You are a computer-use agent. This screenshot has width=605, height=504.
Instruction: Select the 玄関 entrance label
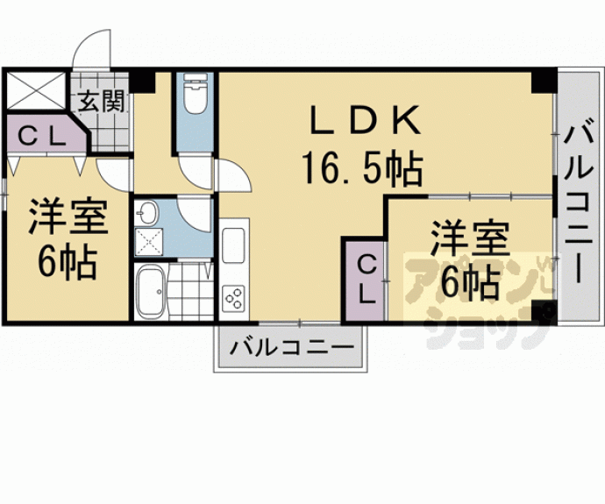[x=102, y=100]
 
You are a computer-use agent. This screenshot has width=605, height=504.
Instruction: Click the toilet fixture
[x=194, y=96]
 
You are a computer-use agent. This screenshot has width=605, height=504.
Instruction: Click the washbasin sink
[x=147, y=213]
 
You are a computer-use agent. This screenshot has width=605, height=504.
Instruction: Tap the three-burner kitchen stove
[x=233, y=297]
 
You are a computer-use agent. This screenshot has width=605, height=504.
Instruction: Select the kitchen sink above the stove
[x=233, y=249]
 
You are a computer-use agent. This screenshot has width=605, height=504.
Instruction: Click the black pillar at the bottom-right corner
[x=544, y=312]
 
